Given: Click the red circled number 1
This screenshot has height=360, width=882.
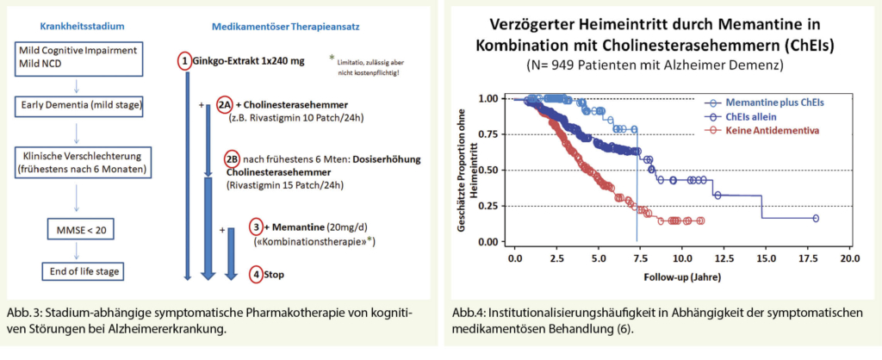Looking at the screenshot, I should coord(183,62).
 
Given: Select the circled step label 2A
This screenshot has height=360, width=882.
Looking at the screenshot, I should coord(224,103).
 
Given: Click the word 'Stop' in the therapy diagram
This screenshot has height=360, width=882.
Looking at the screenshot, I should coord(275,275).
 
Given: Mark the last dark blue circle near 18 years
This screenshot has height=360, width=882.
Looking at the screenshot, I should coord(817,218).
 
